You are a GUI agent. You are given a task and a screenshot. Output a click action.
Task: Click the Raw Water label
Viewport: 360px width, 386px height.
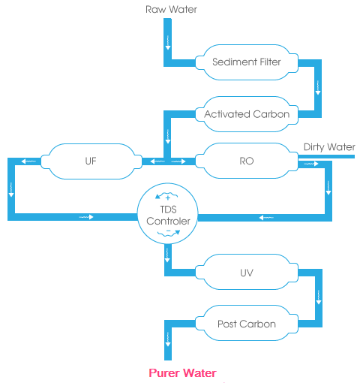pos(171,10)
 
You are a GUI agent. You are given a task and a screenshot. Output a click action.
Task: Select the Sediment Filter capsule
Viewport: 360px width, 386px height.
pos(247,62)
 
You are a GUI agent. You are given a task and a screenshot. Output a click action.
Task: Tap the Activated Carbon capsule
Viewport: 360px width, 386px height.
pos(247,114)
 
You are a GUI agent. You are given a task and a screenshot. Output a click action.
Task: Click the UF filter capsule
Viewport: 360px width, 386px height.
pos(91,161)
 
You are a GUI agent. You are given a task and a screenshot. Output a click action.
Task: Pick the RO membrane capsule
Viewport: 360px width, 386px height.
pos(247,161)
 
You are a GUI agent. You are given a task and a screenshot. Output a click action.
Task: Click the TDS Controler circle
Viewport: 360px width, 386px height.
pos(168,213)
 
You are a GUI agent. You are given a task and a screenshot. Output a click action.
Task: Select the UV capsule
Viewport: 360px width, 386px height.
pos(247,272)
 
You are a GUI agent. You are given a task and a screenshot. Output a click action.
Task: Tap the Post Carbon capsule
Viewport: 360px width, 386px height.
pos(247,323)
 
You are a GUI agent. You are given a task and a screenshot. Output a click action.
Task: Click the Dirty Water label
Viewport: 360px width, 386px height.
pos(329,147)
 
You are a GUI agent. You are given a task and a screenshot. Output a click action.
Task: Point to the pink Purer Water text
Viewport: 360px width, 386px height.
pos(182,373)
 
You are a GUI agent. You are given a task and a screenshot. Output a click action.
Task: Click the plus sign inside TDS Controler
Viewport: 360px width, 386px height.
pos(168,198)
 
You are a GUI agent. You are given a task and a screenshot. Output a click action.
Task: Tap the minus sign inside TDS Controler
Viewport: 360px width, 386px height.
pos(168,231)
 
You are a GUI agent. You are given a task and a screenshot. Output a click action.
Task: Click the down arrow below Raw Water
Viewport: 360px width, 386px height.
pos(168,43)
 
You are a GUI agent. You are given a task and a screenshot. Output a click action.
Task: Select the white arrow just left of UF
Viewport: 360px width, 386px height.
pos(28,161)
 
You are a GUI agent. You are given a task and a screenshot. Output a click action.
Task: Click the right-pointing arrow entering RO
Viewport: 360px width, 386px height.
pos(178,161)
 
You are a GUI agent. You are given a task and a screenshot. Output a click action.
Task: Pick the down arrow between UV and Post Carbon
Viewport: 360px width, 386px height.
pos(319,297)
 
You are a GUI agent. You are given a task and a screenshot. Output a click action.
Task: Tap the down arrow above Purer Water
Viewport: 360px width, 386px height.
pos(168,339)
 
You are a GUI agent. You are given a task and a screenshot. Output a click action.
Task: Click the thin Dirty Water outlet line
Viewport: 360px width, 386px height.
pos(326,157)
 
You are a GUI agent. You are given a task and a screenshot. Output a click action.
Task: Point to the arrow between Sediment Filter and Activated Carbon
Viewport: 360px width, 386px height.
pos(318,88)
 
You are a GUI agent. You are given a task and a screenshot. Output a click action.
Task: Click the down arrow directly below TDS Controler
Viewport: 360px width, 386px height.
pos(167,255)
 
